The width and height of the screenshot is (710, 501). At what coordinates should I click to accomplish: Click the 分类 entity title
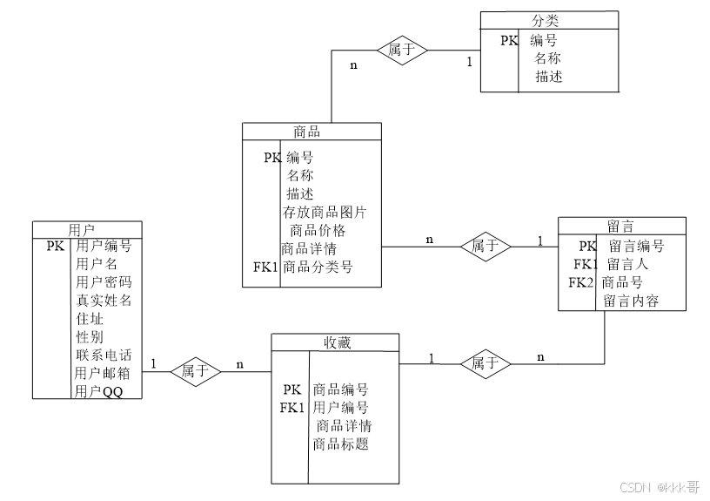[550, 19]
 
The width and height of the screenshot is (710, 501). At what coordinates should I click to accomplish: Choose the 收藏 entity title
[336, 342]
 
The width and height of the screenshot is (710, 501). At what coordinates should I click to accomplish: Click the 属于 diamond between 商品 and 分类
[402, 50]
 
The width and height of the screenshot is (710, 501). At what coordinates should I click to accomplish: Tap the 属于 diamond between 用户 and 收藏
[195, 371]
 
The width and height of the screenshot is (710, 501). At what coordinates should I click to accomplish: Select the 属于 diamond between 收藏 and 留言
[486, 362]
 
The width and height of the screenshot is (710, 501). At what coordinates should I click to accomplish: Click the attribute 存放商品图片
[325, 212]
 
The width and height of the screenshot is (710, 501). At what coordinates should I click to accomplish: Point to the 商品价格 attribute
[318, 230]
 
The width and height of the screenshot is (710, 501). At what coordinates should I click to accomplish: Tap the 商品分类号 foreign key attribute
[318, 267]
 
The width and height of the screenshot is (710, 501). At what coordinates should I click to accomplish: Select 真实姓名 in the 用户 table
[104, 301]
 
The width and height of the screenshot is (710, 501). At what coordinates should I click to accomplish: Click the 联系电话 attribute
[104, 355]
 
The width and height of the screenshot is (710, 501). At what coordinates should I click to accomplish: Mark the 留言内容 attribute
[631, 301]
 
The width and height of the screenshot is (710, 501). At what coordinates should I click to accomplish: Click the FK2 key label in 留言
[581, 282]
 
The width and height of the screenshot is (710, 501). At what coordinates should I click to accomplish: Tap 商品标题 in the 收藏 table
[340, 444]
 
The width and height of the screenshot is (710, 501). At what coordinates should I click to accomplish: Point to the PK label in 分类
[510, 40]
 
